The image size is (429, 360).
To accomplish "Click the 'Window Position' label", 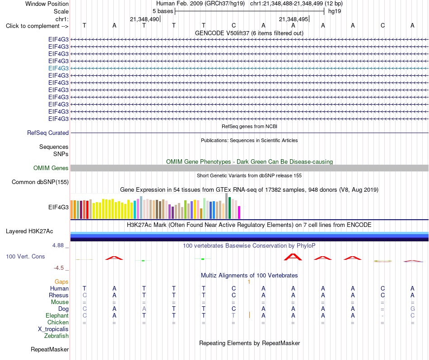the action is pyautogui.click(x=47, y=4).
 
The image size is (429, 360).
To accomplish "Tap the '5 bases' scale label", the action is pyautogui.click(x=163, y=11).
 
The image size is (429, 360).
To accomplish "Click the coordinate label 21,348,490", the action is pyautogui.click(x=145, y=19).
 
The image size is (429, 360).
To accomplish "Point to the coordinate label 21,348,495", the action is pyautogui.click(x=294, y=19).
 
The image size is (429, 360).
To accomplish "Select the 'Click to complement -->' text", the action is pyautogui.click(x=37, y=26).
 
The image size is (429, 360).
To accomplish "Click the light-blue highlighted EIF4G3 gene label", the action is pyautogui.click(x=58, y=68).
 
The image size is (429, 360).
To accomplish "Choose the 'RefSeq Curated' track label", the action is pyautogui.click(x=48, y=133).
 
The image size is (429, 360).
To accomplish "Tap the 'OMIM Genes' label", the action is pyautogui.click(x=51, y=168).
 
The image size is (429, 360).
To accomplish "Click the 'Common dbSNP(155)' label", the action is pyautogui.click(x=40, y=182).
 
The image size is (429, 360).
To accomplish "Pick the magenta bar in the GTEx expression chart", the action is pyautogui.click(x=239, y=212).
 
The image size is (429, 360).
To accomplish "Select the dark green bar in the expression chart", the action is pyautogui.click(x=229, y=208).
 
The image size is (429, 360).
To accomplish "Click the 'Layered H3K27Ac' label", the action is pyautogui.click(x=29, y=231).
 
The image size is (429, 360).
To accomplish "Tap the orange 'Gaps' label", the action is pyautogui.click(x=61, y=282).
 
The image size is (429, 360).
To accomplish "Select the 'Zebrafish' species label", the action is pyautogui.click(x=56, y=336).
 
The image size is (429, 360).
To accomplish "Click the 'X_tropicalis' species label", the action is pyautogui.click(x=53, y=329).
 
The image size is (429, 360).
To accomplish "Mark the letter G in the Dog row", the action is pyautogui.click(x=413, y=309).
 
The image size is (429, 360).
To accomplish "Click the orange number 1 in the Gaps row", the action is pyautogui.click(x=249, y=282).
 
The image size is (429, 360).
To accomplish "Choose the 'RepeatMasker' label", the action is pyautogui.click(x=50, y=349).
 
